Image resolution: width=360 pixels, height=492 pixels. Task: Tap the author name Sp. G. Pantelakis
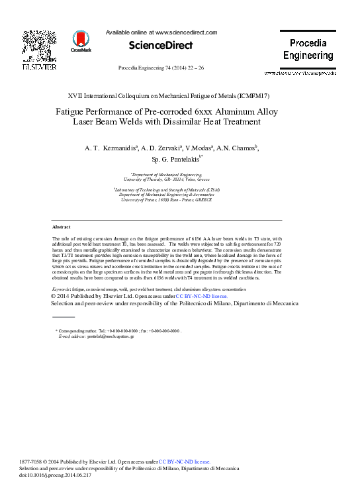[x=173, y=160]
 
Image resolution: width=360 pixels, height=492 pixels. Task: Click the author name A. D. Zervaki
[x=157, y=148]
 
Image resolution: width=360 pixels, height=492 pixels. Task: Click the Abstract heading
[x=62, y=226]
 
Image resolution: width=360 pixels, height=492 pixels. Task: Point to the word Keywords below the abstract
[x=62, y=289]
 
